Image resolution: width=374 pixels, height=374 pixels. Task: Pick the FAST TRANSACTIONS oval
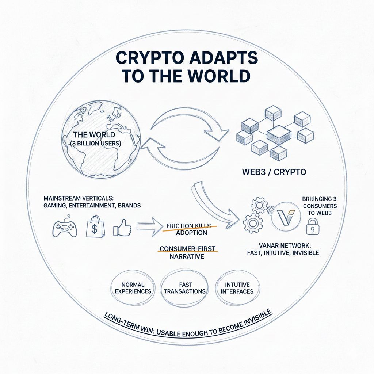(x=185, y=288)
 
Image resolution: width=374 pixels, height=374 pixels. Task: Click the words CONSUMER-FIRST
(x=188, y=249)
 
